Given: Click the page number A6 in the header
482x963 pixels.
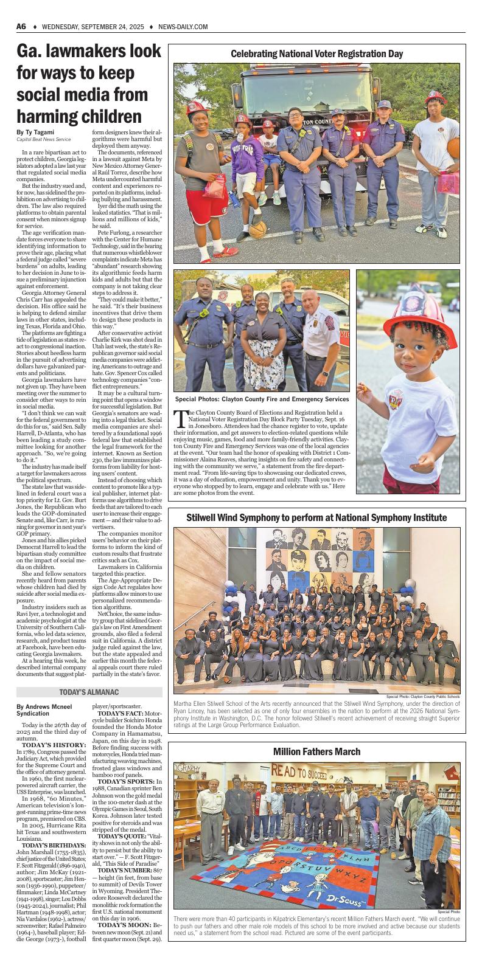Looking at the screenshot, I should (x=21, y=27).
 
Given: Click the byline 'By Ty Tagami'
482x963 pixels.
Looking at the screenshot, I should (x=35, y=133).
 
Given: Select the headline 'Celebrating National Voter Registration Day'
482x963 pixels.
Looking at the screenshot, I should (x=316, y=54).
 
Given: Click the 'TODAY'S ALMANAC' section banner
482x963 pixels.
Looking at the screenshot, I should (x=89, y=692).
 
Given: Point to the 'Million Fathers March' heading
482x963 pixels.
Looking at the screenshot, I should (x=316, y=751).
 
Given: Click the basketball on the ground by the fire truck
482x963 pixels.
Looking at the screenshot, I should (x=258, y=229).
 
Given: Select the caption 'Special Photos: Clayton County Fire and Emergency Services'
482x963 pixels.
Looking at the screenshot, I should (x=262, y=399).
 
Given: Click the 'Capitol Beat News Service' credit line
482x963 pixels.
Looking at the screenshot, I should (x=44, y=140).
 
